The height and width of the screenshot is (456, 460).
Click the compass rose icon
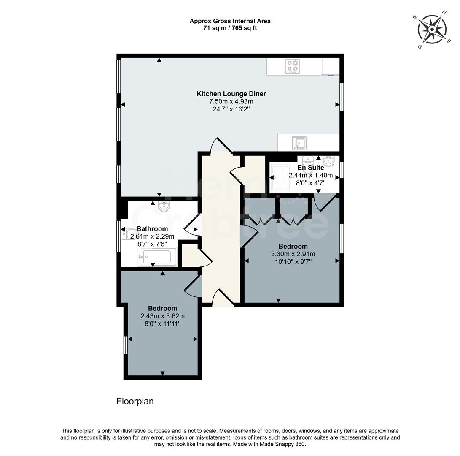tap(432, 29)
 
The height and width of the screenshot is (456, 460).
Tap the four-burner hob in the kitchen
tap(292, 66)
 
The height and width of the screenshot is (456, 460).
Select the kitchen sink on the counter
tap(300, 143)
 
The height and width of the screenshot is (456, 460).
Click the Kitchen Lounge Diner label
tap(231, 94)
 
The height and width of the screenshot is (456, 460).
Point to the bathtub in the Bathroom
tap(157, 257)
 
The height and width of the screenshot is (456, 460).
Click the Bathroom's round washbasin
tap(164, 206)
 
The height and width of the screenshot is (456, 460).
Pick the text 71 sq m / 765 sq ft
tap(230, 28)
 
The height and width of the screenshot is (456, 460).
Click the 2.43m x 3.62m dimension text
tap(162, 316)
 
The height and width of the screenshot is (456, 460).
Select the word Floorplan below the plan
tap(135, 401)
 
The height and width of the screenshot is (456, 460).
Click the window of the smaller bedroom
tap(125, 345)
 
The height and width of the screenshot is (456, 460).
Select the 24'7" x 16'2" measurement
tap(231, 109)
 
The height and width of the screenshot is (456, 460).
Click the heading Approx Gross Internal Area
tap(230, 21)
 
